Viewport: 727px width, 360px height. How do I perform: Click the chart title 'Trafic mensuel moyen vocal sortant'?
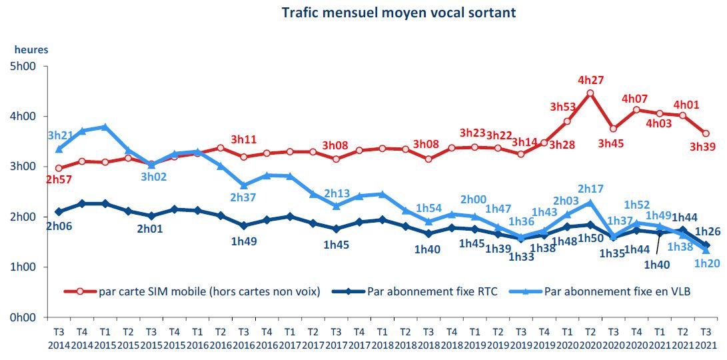(x=398, y=13)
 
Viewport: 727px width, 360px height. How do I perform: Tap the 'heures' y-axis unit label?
(x=31, y=49)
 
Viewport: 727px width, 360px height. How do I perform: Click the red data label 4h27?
(x=590, y=81)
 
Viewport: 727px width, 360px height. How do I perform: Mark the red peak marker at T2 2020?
(x=590, y=93)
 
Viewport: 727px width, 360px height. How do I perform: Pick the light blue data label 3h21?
(x=60, y=135)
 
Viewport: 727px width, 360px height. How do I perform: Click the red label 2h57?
(x=59, y=180)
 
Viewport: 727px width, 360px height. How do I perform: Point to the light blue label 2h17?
(x=590, y=189)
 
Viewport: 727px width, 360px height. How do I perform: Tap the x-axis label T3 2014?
(x=59, y=339)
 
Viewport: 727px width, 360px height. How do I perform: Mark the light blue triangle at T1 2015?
(x=105, y=127)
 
